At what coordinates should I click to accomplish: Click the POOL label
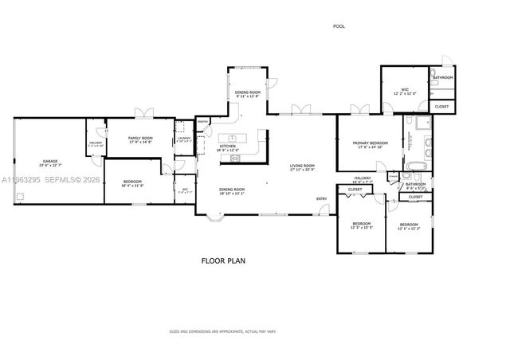click(x=339, y=26)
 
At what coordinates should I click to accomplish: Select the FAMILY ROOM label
click(x=140, y=139)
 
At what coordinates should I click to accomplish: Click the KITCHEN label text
click(x=228, y=147)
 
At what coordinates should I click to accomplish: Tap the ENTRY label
click(x=321, y=198)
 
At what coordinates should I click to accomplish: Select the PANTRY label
click(x=203, y=122)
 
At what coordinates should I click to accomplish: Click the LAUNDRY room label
click(x=183, y=139)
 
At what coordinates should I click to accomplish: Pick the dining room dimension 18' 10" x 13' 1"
click(x=232, y=193)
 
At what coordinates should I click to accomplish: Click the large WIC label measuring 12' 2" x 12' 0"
click(x=405, y=94)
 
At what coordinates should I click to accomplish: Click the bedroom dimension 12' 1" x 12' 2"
click(x=408, y=229)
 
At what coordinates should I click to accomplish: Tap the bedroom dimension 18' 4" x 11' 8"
click(x=131, y=186)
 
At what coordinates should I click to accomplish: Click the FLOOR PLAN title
click(x=222, y=260)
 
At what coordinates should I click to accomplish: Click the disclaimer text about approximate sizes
click(x=222, y=331)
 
